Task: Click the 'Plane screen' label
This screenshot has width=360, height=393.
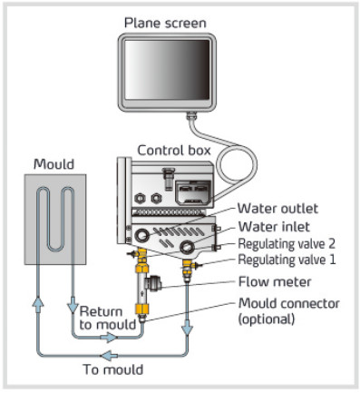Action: click(165, 24)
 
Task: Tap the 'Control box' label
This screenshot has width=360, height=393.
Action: click(174, 151)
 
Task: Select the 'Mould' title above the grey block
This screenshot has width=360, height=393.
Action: click(54, 164)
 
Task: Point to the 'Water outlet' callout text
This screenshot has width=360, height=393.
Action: click(277, 209)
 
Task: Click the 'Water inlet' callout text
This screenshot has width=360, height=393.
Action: click(274, 227)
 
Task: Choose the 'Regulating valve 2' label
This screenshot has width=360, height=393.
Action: click(287, 244)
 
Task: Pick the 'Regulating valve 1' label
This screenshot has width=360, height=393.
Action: click(287, 260)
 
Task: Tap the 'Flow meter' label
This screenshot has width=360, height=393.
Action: click(275, 282)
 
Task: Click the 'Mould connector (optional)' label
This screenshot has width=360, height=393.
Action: click(289, 311)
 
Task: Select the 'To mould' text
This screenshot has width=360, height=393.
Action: click(113, 369)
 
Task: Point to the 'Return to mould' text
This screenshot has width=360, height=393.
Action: click(108, 318)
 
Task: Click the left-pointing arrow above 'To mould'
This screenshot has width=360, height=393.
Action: click(110, 355)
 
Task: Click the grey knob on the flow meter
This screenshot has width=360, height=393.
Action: click(154, 283)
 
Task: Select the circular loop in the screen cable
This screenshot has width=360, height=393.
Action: click(238, 164)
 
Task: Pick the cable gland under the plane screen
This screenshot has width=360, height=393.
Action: click(191, 116)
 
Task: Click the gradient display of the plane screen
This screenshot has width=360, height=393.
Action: click(167, 70)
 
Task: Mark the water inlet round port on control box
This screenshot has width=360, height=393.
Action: click(187, 247)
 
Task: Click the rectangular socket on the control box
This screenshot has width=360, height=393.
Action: click(193, 192)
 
